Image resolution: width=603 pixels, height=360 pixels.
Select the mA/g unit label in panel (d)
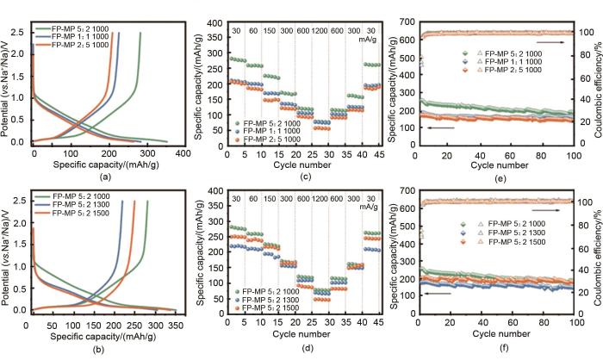point(369,208)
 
